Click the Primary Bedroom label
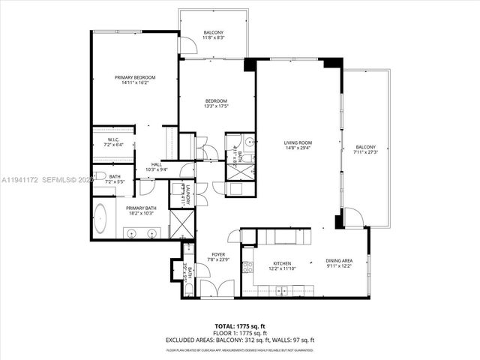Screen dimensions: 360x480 [x=135, y=78]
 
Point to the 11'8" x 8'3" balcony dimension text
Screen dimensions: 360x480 [x=214, y=37]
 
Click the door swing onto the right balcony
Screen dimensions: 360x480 [x=353, y=217]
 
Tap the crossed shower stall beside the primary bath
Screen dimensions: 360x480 [x=181, y=223]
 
